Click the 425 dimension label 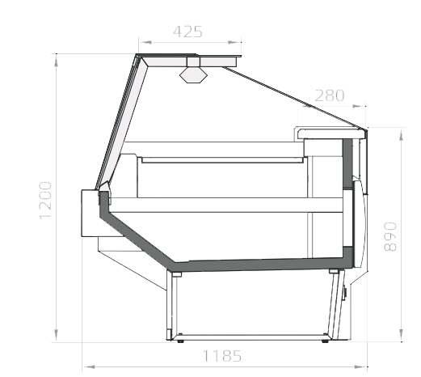[x=187, y=32]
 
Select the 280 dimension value [x=330, y=95]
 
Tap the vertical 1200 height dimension [x=45, y=201]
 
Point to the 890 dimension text [x=390, y=236]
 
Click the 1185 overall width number [x=221, y=356]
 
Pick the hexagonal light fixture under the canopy [x=193, y=74]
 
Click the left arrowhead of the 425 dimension [x=146, y=42]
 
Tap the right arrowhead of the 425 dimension [x=234, y=42]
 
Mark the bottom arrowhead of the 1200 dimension [x=56, y=335]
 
